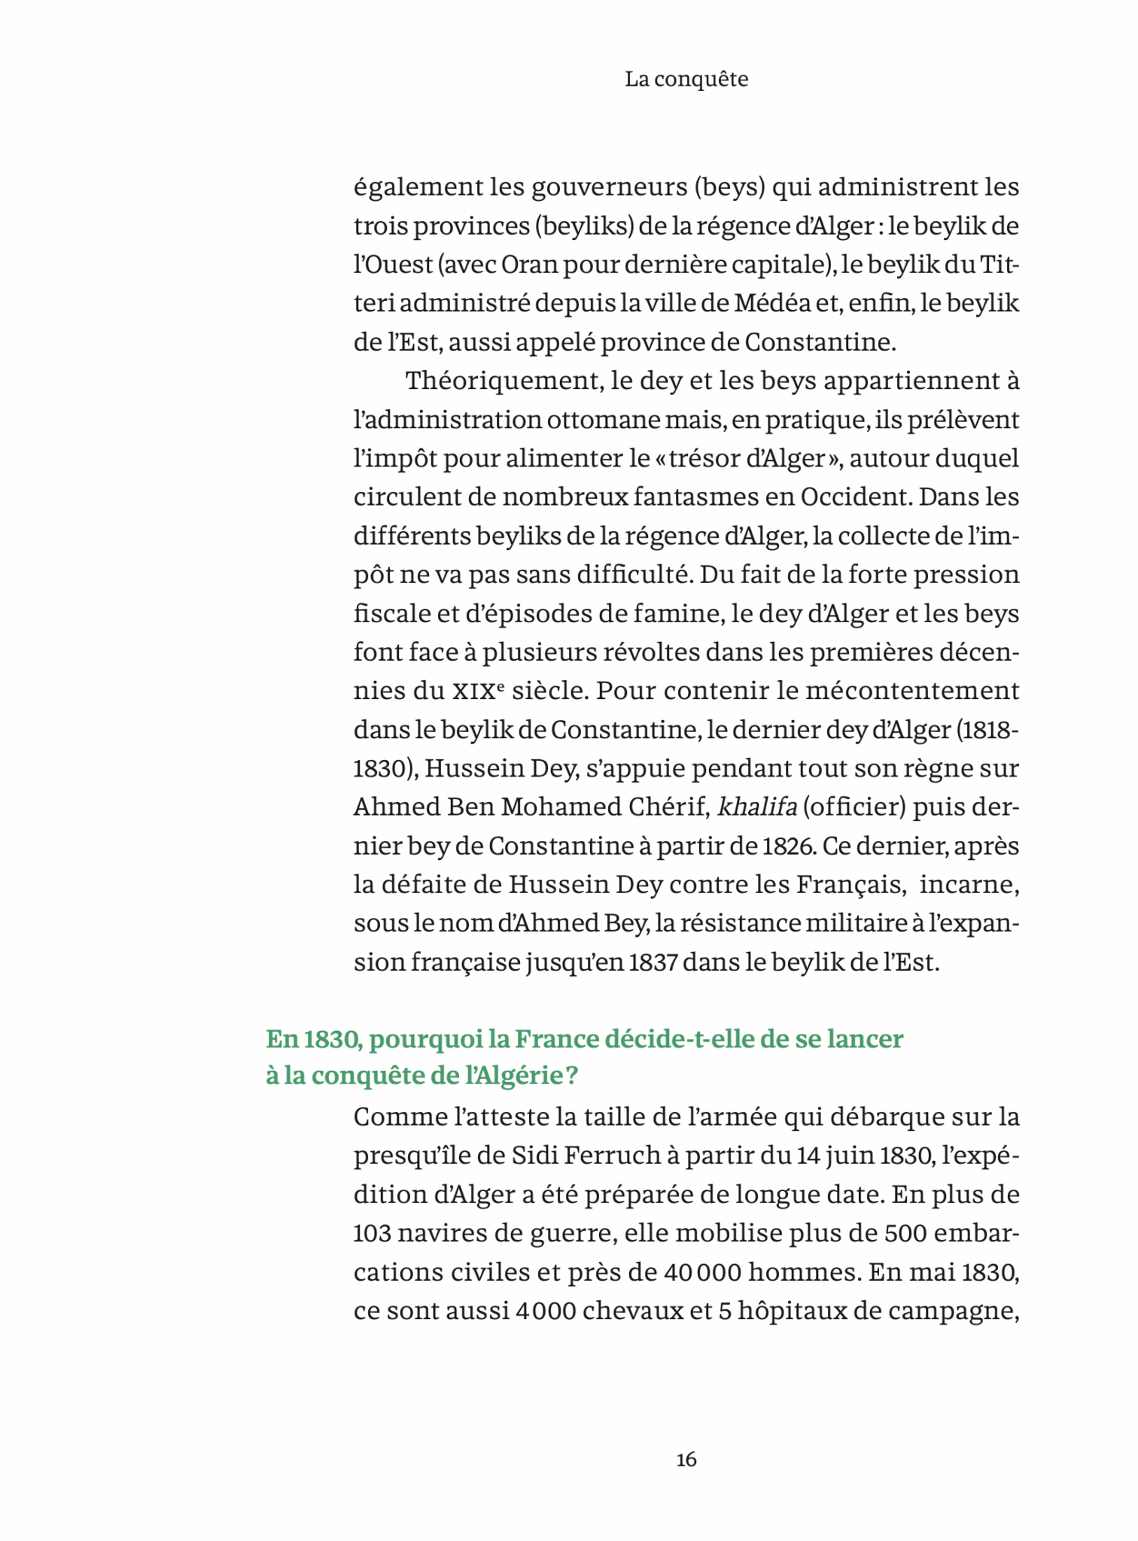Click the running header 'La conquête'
[686, 79]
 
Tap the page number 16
[686, 1460]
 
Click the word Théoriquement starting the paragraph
[501, 381]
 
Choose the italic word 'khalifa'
[757, 807]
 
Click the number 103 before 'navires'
[371, 1232]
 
